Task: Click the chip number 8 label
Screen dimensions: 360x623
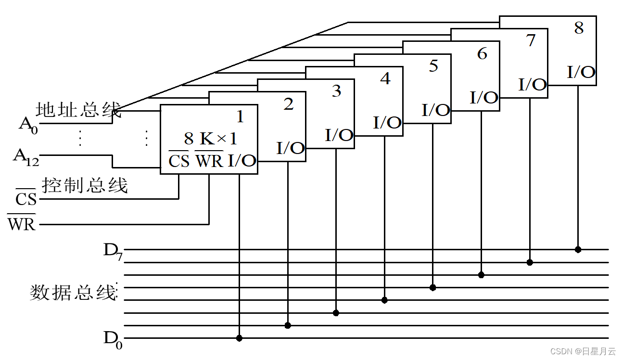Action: [x=579, y=28]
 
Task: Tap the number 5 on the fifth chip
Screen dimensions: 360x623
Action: [x=433, y=66]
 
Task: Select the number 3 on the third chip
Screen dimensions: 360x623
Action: [x=336, y=91]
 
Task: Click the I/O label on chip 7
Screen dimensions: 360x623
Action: [x=533, y=85]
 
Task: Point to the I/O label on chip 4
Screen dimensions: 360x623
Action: [x=387, y=123]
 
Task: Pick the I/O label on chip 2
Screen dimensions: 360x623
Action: [x=291, y=148]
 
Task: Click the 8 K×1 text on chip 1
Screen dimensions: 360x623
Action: [x=211, y=139]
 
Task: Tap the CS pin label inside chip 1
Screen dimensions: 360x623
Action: [x=179, y=161]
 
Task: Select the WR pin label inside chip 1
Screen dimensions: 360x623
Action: [x=209, y=161]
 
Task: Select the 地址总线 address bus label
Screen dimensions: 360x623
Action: [x=79, y=111]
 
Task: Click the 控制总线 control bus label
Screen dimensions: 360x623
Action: [x=85, y=185]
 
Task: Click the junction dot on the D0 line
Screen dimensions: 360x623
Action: [x=239, y=338]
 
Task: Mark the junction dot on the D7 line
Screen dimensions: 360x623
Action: [x=578, y=250]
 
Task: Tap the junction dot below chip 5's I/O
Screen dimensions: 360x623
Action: [x=432, y=287]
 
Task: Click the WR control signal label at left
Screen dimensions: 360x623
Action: [x=22, y=224]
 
